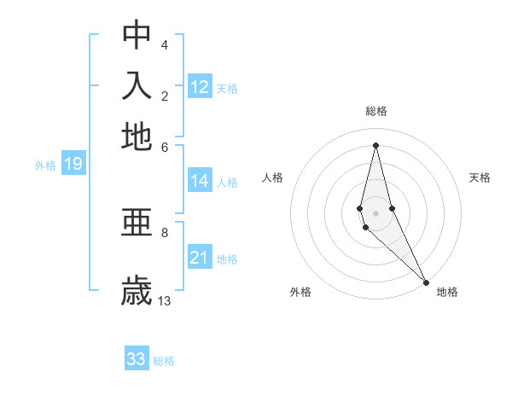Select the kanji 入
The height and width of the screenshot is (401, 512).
click(x=137, y=85)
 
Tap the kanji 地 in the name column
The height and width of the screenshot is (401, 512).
click(x=137, y=136)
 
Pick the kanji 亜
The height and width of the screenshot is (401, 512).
click(x=137, y=224)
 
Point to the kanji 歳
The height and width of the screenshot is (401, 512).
click(x=137, y=290)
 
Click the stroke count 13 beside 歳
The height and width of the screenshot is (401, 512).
click(x=165, y=300)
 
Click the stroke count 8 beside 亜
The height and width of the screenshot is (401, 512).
click(x=165, y=231)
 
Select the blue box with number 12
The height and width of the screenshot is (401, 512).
click(x=200, y=86)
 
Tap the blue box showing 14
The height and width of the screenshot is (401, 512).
click(x=200, y=180)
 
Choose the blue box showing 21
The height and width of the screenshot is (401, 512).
click(x=200, y=258)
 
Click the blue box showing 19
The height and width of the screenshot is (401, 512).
click(x=73, y=164)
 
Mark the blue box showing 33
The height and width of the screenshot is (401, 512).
click(x=137, y=359)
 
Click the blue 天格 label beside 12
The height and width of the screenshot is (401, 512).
click(x=227, y=88)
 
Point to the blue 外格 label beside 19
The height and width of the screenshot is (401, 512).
click(x=45, y=166)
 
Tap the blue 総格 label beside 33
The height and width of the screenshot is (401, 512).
click(x=164, y=361)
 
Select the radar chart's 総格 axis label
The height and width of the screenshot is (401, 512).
click(x=376, y=111)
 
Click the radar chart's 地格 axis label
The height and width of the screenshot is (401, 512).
click(x=447, y=292)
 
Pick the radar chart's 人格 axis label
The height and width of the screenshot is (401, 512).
click(x=273, y=177)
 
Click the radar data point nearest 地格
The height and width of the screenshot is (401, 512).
click(x=426, y=282)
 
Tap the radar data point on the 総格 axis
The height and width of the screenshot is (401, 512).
click(x=375, y=144)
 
